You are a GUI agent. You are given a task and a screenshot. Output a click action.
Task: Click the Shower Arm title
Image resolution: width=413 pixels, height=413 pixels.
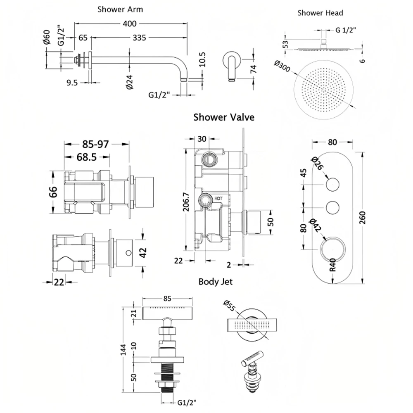coord(120,9)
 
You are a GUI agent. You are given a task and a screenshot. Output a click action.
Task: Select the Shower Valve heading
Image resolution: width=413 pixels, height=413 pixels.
coord(224,117)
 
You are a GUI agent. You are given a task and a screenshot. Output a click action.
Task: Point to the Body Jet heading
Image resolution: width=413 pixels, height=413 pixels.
coord(215,282)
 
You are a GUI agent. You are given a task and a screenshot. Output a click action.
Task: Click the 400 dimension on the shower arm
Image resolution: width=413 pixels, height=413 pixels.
coord(130,24)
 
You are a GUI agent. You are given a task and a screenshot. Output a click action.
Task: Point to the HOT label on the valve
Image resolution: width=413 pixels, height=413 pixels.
coord(218,199)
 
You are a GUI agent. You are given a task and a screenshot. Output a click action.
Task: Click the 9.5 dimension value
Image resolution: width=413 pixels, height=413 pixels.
coord(72,83)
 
